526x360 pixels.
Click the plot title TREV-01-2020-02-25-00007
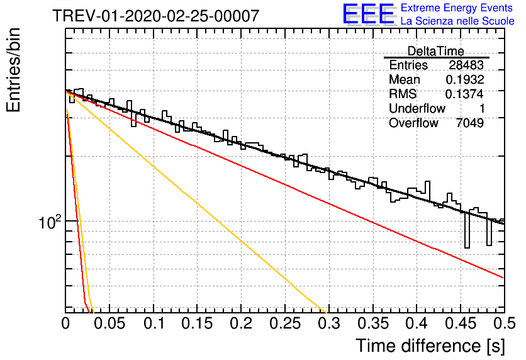pos(156,16)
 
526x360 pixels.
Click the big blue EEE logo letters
pos(368,14)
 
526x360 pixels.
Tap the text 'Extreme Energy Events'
pos(457,8)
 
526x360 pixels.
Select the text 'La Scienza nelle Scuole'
pos(457,21)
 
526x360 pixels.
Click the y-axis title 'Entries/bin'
pos(14,70)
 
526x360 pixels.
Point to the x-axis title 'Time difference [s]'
pos(430,346)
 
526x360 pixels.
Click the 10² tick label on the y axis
pos(50,222)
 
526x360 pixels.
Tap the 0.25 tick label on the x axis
pos(285,323)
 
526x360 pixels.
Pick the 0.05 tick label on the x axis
pos(109,323)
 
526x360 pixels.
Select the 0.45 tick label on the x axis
pos(461,323)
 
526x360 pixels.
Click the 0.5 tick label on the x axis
pos(505,323)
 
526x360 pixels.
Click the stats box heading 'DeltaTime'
pos(436,51)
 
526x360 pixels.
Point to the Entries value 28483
pos(466,65)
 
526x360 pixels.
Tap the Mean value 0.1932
pos(465,79)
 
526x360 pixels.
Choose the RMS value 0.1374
pos(464,94)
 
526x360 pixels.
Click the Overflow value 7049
pos(470,123)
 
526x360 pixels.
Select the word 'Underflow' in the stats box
pos(417,108)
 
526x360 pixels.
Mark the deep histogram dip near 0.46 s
pos(467,231)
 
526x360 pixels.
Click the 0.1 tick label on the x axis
pos(154,323)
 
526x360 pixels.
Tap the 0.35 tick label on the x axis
pos(373,323)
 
